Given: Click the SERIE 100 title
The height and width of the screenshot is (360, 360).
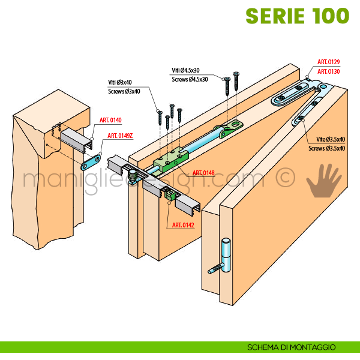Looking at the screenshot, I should pyautogui.click(x=298, y=17).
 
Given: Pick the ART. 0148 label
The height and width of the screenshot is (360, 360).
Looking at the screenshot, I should pyautogui.click(x=204, y=173).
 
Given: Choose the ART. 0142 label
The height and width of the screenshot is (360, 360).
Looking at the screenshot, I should pyautogui.click(x=184, y=224).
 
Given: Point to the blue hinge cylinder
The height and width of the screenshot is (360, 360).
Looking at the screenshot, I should pyautogui.click(x=225, y=257).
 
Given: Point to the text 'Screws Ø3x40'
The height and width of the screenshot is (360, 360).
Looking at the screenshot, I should pyautogui.click(x=124, y=91).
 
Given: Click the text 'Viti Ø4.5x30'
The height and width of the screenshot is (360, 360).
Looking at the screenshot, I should pyautogui.click(x=186, y=70).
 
